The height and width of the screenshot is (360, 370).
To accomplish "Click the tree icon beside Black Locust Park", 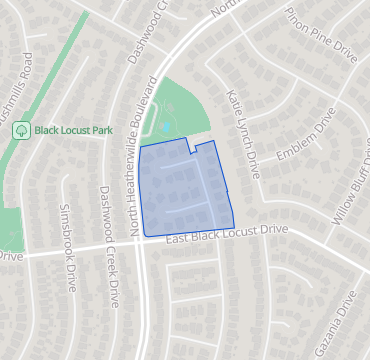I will (20, 130).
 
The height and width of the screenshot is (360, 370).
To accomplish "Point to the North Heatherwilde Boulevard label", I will (142, 155).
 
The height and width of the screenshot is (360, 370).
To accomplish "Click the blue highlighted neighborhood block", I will (185, 190).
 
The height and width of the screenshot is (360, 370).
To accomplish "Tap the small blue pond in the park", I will (166, 128).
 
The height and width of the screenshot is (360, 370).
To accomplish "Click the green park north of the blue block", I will (180, 110).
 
